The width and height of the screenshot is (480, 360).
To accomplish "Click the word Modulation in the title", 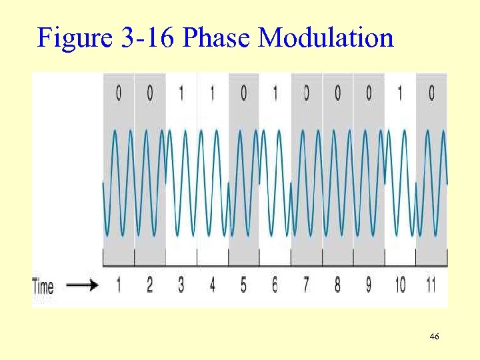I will point(326,38).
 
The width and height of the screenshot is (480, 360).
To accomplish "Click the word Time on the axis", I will point(43,287).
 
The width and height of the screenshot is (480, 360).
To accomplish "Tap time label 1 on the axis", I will point(119,285).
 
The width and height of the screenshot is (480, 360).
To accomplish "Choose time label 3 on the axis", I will point(181,285).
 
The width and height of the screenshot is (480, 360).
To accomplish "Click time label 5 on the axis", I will point(243,285).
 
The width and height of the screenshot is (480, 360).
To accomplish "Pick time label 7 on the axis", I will point(306,285).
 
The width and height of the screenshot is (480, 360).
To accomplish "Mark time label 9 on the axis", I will point(369,285).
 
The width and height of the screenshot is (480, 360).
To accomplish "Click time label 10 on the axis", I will point(400,285).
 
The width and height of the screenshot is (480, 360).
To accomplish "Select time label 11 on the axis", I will point(431,285).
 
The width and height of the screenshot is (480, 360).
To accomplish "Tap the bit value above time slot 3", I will point(181,94).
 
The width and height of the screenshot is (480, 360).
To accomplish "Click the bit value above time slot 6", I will point(275,94).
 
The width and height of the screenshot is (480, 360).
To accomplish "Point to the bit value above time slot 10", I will point(400,94).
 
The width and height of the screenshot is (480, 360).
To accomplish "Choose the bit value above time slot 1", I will point(119,94).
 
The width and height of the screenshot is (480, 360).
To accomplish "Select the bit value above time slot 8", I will point(337,94).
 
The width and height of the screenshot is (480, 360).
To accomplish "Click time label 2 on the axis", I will point(149,285).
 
